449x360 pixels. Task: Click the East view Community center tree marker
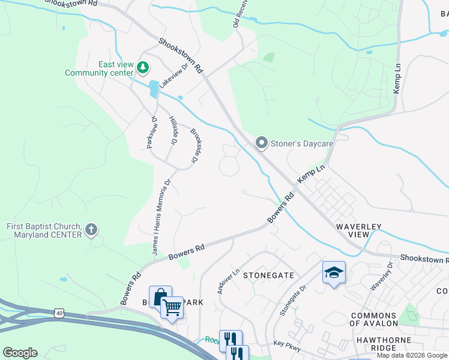coord(143,67)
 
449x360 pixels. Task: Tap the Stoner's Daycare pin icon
coord(261,143)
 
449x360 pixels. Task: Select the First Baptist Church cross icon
coord(91,229)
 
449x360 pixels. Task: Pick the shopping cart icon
coord(172,308)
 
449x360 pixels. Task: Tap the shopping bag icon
coord(160,296)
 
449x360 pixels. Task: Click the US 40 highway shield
coord(58,313)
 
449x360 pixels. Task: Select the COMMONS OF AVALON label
coord(373,319)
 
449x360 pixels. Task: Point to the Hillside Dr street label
coord(173,131)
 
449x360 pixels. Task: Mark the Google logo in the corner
coord(20,353)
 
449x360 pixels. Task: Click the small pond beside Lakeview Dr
coord(154,89)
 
